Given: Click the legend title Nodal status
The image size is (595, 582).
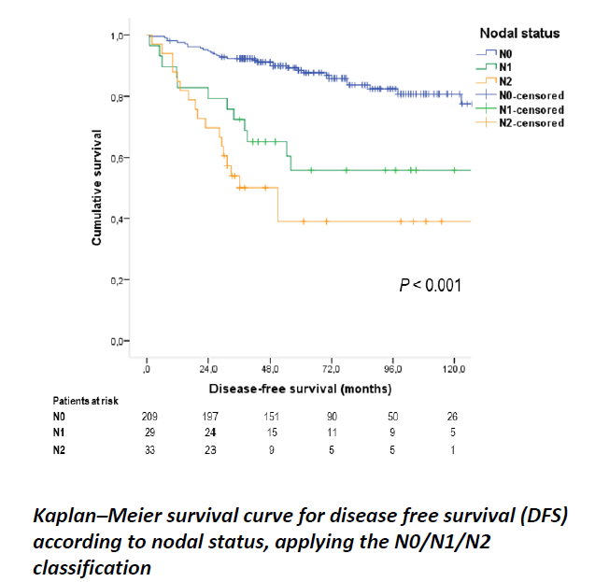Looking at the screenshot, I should click(520, 34).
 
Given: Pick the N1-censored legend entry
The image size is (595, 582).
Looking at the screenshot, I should click(531, 109).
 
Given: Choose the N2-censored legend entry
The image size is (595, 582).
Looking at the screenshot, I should click(531, 122).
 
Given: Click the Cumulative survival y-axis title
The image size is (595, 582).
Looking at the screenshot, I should click(96, 189).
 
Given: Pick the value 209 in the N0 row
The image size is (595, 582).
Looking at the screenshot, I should click(149, 416).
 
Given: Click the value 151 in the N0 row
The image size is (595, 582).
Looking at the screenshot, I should click(271, 416).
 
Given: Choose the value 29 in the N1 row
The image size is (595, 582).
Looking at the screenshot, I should click(149, 433).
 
